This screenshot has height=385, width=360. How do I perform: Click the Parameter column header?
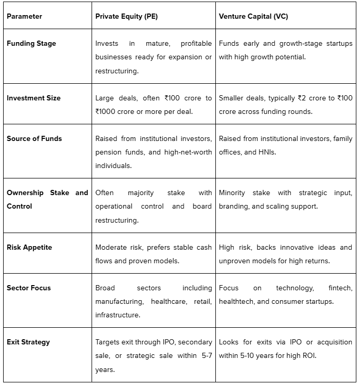(x=24, y=16)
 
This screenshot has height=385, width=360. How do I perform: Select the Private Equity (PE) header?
(x=126, y=16)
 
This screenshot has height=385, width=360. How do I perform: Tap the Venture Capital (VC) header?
(x=253, y=16)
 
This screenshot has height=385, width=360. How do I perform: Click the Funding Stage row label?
(x=31, y=44)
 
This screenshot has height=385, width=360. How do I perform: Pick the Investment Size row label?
(x=34, y=98)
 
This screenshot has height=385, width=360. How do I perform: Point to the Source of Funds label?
(x=34, y=138)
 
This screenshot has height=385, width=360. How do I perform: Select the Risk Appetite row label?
(x=30, y=247)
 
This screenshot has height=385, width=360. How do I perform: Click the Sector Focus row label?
(x=29, y=288)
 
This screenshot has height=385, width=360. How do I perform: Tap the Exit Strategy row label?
(x=28, y=342)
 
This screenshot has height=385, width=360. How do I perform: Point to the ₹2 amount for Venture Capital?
(x=302, y=98)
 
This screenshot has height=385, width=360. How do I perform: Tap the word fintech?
(x=340, y=288)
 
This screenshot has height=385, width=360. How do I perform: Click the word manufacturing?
(x=119, y=301)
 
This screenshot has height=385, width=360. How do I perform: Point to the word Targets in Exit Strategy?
(x=109, y=342)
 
